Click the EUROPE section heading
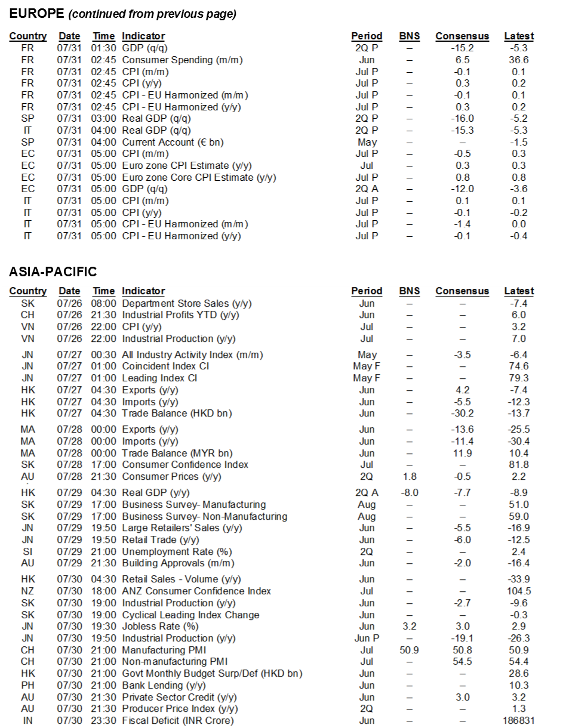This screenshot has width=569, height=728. [x=35, y=13]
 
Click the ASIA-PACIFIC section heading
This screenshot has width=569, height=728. [x=53, y=272]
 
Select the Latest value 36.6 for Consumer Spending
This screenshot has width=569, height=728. [x=516, y=60]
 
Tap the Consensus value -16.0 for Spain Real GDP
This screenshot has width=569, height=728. [x=462, y=119]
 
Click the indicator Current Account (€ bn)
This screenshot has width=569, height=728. [x=174, y=142]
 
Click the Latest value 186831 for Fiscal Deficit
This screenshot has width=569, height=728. [x=516, y=721]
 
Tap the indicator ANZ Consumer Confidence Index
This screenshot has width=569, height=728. [x=196, y=591]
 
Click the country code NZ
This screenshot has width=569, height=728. [x=27, y=591]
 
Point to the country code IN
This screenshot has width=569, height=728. [x=27, y=721]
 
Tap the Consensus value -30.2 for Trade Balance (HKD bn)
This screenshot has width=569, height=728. [x=462, y=414]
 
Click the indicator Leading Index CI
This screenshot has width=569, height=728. [x=159, y=378]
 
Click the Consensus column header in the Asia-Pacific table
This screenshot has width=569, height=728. [x=462, y=291]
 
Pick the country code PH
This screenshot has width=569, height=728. [x=27, y=685]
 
